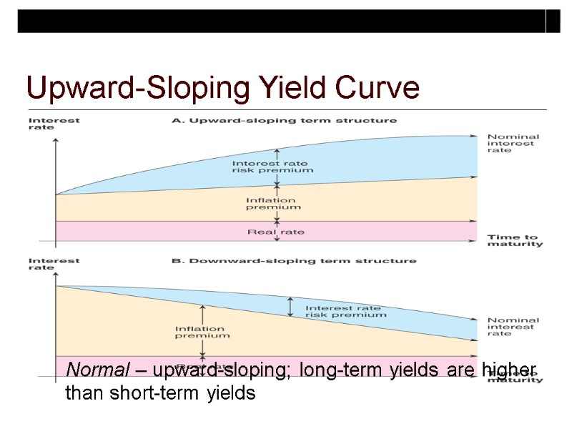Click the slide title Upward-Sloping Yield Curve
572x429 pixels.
(x=222, y=89)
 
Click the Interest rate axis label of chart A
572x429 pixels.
(x=54, y=124)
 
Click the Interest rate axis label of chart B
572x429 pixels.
(x=54, y=265)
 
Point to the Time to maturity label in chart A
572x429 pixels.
(x=514, y=240)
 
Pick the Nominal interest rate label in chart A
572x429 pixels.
(x=513, y=143)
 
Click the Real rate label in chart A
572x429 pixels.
(x=275, y=232)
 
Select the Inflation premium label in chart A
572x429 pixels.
(x=273, y=204)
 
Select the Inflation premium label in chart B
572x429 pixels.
(x=202, y=332)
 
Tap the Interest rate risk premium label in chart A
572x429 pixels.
(x=272, y=167)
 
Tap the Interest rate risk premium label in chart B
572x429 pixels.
(x=345, y=311)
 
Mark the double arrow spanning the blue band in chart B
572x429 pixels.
(x=290, y=306)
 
